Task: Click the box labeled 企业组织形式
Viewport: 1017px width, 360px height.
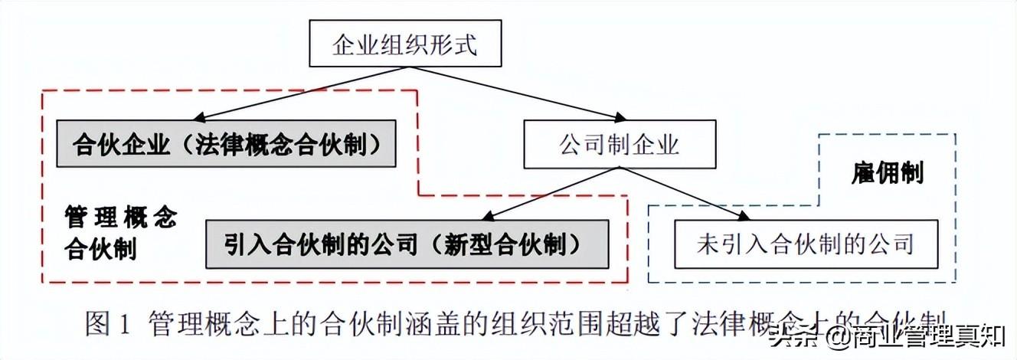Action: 404,44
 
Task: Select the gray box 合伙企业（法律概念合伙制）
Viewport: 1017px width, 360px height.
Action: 226,143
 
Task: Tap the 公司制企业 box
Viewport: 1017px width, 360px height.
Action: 620,144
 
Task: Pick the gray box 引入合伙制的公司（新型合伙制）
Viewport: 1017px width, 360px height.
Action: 407,244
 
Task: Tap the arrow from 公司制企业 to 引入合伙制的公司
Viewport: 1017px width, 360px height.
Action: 536,194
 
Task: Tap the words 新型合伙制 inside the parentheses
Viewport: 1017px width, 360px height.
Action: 511,244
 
